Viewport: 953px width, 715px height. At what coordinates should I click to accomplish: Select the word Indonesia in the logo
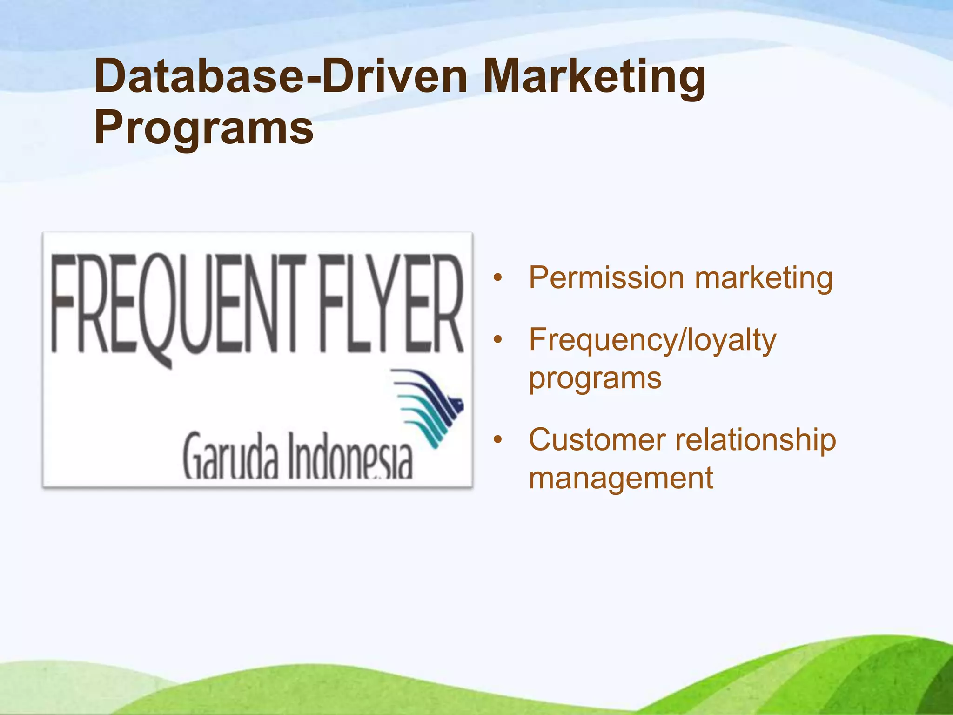pos(350,456)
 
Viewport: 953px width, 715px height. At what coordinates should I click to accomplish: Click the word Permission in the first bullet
pos(606,278)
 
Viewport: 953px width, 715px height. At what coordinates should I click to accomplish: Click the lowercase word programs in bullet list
pos(595,379)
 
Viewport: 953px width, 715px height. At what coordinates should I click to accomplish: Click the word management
pos(621,479)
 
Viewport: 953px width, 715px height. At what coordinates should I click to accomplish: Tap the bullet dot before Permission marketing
pos(498,278)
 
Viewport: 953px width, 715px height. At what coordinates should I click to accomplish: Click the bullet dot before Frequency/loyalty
pos(498,340)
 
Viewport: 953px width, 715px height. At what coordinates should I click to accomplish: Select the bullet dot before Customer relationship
pos(498,440)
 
